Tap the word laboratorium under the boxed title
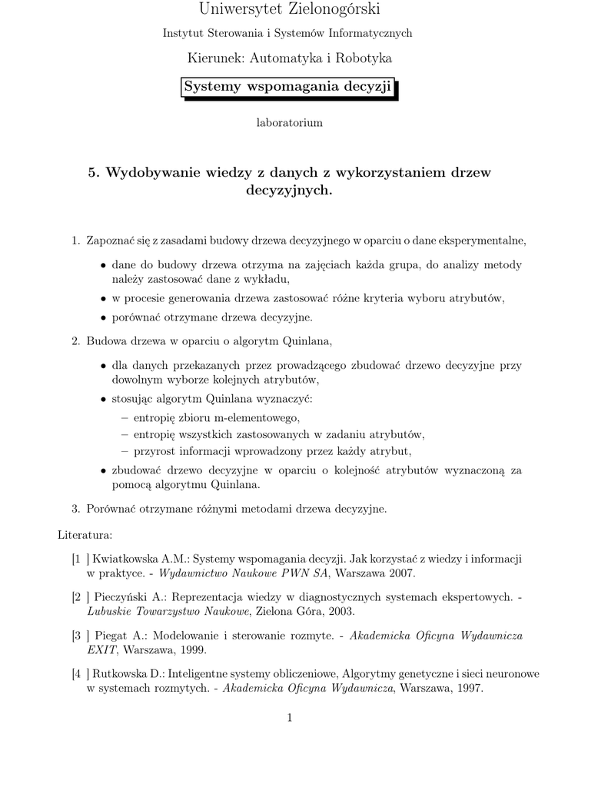(288, 123)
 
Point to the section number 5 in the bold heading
(91, 172)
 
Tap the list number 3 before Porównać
(75, 508)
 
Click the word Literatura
(85, 533)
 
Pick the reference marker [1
(76, 559)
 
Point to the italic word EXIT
(101, 650)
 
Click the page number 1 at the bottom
(289, 718)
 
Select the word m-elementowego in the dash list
(257, 417)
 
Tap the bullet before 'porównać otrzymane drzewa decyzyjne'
(104, 317)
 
